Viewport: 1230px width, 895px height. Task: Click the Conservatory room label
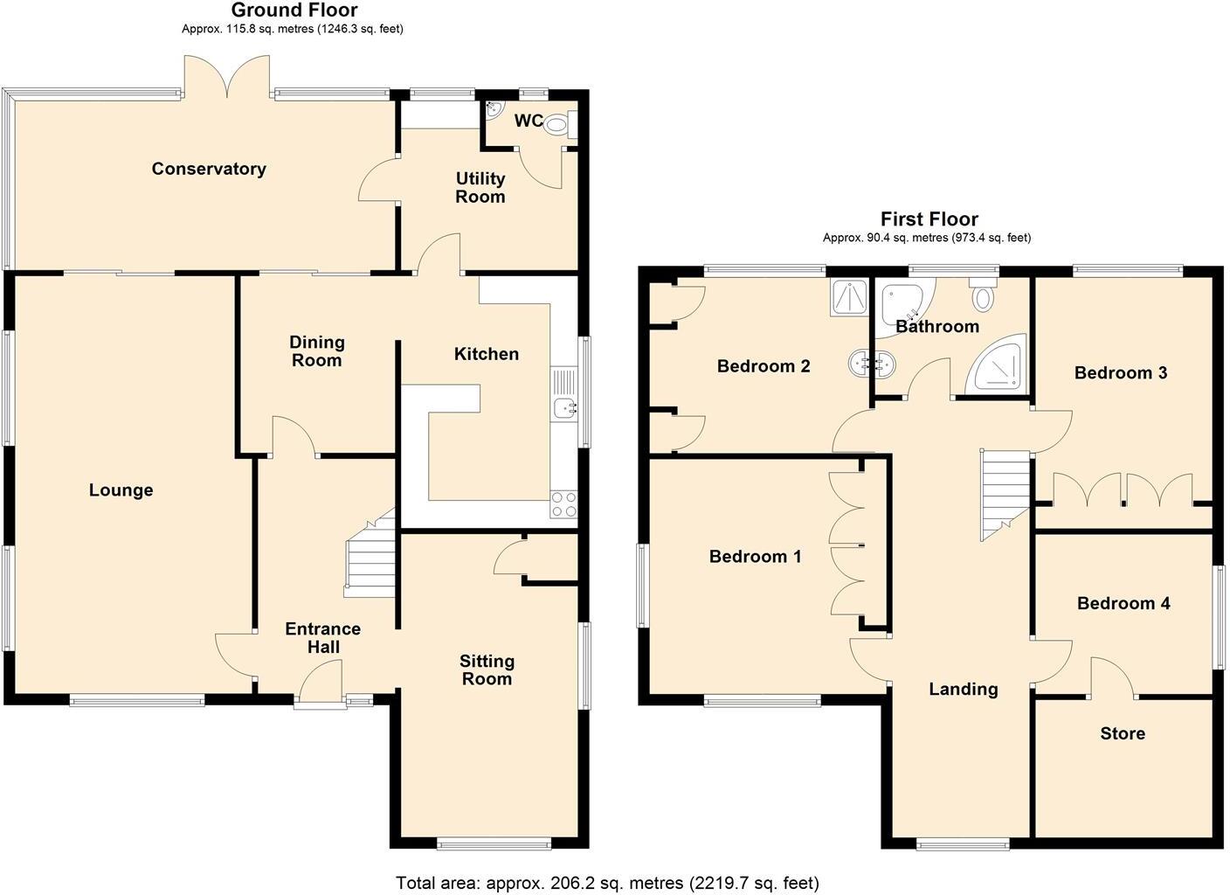pos(209,169)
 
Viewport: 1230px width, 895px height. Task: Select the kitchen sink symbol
pos(564,406)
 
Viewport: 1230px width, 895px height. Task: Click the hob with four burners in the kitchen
pos(563,504)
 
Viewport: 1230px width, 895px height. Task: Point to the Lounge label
pos(121,490)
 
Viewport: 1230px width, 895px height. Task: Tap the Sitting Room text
pos(487,670)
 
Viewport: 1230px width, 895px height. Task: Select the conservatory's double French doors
pos(227,77)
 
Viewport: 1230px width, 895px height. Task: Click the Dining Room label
pos(316,351)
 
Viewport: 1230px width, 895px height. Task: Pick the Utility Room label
pos(480,187)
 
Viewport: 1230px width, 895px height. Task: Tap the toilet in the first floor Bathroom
pos(983,295)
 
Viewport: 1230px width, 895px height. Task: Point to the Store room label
pos(1123,733)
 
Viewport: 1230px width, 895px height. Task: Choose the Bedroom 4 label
pos(1123,603)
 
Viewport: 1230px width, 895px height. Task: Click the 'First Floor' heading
pos(929,219)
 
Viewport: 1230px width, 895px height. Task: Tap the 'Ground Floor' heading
pos(294,10)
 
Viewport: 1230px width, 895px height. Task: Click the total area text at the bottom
pos(607,883)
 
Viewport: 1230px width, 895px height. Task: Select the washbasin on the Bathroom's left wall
pos(872,363)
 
